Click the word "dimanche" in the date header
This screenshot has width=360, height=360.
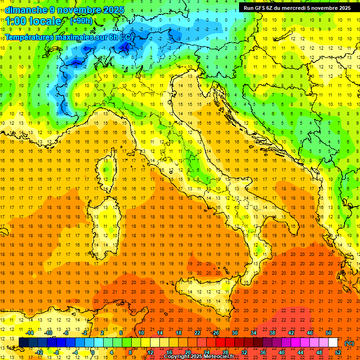click(x=26, y=10)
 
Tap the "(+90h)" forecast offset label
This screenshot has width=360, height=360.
click(x=81, y=21)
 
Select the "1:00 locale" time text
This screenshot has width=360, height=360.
click(x=34, y=21)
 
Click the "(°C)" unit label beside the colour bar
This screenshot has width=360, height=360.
click(x=349, y=343)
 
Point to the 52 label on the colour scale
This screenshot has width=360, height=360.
click(x=337, y=352)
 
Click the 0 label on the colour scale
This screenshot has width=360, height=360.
click(x=93, y=352)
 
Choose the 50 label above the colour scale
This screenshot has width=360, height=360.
click(x=329, y=333)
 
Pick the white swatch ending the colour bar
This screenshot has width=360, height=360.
click(x=333, y=342)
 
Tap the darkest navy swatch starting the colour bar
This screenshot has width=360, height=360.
click(x=23, y=342)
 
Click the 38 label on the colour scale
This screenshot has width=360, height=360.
click(x=272, y=333)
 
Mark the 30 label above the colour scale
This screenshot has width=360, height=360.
click(x=235, y=333)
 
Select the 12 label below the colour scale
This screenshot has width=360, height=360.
click(x=150, y=352)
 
